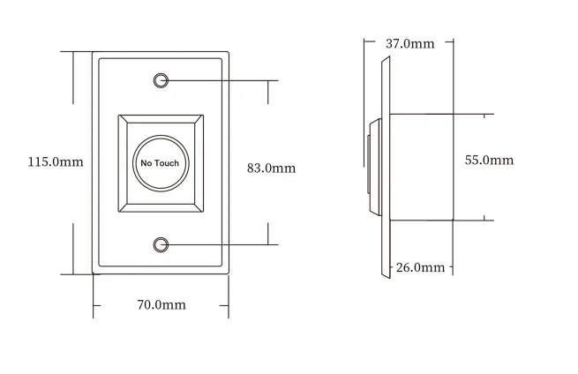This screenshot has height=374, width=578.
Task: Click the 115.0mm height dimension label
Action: (x=55, y=162)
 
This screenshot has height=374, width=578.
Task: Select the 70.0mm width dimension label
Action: (x=161, y=305)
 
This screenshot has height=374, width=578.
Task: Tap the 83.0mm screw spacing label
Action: (x=271, y=168)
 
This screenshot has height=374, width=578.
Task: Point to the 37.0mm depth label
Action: (x=409, y=44)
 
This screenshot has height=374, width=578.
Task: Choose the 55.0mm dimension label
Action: (x=489, y=160)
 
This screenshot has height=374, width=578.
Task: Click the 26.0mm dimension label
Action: (x=420, y=267)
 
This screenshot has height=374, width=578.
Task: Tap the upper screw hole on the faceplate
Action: (x=161, y=80)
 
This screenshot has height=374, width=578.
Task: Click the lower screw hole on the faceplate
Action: (x=161, y=244)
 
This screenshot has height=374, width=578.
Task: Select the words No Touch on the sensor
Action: (x=160, y=163)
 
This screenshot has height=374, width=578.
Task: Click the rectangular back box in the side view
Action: (x=420, y=167)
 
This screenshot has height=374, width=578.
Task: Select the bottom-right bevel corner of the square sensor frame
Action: (x=199, y=210)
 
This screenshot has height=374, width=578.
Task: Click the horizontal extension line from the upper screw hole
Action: (x=221, y=80)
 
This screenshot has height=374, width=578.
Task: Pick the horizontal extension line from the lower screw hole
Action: (x=221, y=244)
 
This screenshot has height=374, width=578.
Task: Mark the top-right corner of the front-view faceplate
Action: (x=229, y=51)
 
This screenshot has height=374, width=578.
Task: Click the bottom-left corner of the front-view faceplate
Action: (x=93, y=273)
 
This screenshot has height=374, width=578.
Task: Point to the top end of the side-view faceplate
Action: (x=387, y=58)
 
